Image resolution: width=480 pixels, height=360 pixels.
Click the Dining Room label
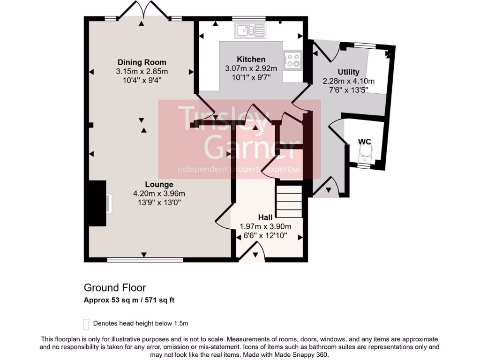click(142, 62)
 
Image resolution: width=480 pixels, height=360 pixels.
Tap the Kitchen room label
click(251, 60)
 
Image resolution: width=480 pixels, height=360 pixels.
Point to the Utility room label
click(348, 72)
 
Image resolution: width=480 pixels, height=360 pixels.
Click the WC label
click(364, 141)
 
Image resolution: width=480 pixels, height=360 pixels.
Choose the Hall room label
click(265, 217)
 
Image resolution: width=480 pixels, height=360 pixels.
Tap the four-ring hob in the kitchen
click(293, 60)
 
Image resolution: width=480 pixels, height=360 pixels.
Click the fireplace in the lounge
click(100, 204)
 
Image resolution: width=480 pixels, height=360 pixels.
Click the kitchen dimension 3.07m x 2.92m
click(251, 68)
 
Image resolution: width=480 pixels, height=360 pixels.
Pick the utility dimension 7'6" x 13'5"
click(348, 90)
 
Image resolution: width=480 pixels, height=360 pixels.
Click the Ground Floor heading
click(115, 287)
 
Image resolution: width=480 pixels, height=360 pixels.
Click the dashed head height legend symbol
click(86, 324)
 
